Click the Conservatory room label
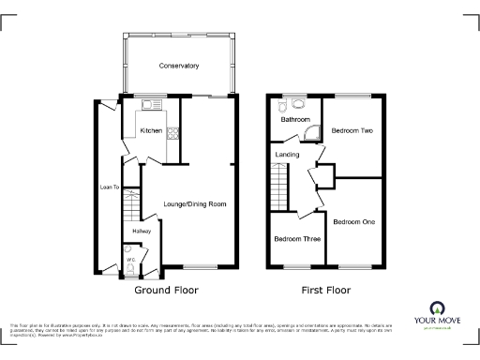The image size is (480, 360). coord(179,66)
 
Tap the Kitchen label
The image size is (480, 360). coord(151,130)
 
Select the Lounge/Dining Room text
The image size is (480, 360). coord(195,203)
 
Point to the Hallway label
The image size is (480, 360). coord(142,230)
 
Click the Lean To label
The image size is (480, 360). coord(110,187)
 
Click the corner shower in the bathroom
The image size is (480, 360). coord(315,131)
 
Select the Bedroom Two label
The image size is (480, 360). coord(352,131)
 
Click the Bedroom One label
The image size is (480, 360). coord(353,221)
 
